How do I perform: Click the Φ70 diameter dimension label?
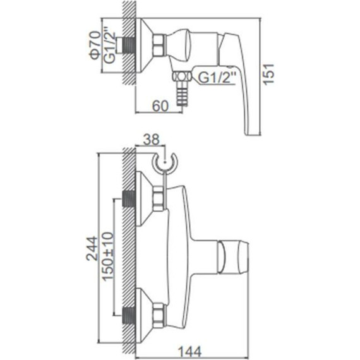pos(95,45)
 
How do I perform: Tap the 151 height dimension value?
pos(268,75)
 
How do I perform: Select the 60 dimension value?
pos(160,106)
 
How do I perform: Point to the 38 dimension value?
pos(151,140)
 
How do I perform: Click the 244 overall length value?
pos(92,248)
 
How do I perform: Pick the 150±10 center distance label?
pos(108,256)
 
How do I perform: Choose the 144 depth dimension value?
pos(190,352)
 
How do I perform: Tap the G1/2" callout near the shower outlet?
pos(217,78)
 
